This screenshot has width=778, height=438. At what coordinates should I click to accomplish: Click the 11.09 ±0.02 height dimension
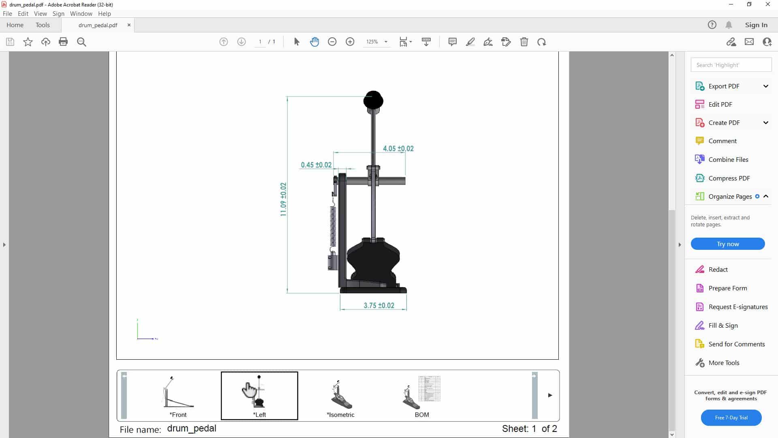pyautogui.click(x=283, y=199)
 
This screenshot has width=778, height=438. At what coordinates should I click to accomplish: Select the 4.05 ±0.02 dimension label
pyautogui.click(x=398, y=148)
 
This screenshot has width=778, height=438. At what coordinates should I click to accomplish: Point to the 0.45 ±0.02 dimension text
pyautogui.click(x=316, y=165)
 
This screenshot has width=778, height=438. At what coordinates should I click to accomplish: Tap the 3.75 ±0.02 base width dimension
pyautogui.click(x=378, y=305)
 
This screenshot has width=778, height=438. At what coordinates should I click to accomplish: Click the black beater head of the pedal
pyautogui.click(x=373, y=100)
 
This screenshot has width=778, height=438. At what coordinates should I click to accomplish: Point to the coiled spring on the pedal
pyautogui.click(x=333, y=225)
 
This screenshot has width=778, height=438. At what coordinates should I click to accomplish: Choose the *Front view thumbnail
pyautogui.click(x=178, y=395)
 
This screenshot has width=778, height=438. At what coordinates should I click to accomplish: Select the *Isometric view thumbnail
pyautogui.click(x=340, y=395)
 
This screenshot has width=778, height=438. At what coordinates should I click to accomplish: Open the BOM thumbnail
pyautogui.click(x=422, y=395)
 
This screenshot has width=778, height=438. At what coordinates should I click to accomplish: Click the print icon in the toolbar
pyautogui.click(x=63, y=42)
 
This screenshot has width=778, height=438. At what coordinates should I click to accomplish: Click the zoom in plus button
pyautogui.click(x=350, y=42)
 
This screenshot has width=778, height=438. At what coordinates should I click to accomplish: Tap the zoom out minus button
pyautogui.click(x=332, y=42)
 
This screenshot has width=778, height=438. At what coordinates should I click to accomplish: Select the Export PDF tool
pyautogui.click(x=724, y=86)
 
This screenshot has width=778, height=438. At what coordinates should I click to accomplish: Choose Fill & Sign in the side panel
pyautogui.click(x=723, y=325)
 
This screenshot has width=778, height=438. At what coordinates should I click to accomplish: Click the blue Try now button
pyautogui.click(x=728, y=244)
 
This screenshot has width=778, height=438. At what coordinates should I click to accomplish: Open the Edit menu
pyautogui.click(x=23, y=13)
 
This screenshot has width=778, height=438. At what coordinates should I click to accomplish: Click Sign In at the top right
pyautogui.click(x=756, y=25)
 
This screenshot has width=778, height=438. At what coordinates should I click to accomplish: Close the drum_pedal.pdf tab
pyautogui.click(x=129, y=25)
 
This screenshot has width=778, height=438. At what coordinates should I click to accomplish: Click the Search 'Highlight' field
pyautogui.click(x=731, y=65)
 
